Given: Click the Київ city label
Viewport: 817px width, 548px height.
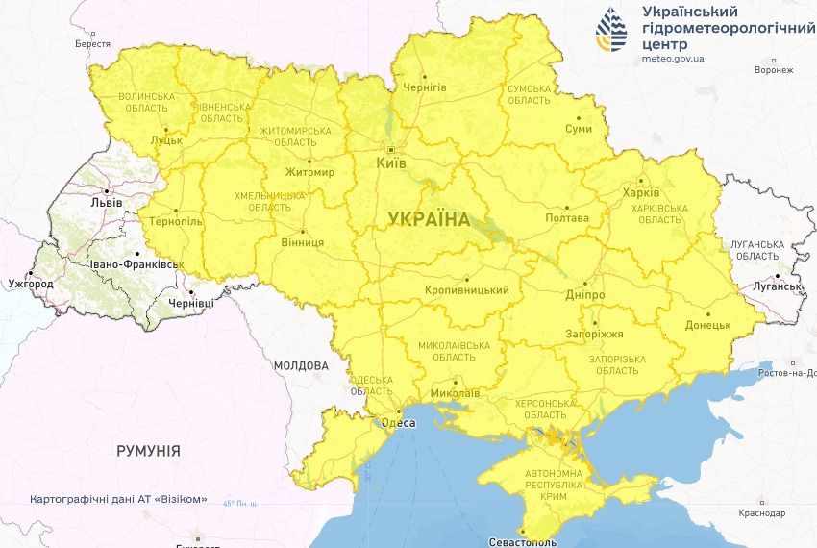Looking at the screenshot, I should tap(390, 164).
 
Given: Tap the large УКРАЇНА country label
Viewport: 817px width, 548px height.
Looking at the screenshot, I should tap(430, 219).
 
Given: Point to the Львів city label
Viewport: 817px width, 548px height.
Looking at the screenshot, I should tap(106, 203).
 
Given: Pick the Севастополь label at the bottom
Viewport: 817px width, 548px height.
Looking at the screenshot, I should tap(521, 542).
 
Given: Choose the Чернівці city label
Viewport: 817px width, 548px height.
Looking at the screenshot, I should tap(191, 303).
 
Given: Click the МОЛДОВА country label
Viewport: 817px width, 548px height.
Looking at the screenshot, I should tap(301, 366).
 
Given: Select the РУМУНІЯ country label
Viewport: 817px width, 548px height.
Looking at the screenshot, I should tap(148, 450).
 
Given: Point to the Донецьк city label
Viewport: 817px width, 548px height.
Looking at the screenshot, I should tap(708, 325).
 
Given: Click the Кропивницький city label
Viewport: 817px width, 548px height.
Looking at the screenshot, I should tap(466, 290).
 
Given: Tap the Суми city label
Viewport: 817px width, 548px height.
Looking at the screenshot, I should tap(579, 128).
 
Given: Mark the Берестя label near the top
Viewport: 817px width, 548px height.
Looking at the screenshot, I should tap(92, 44).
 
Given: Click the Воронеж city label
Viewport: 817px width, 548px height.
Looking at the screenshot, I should tap(774, 70).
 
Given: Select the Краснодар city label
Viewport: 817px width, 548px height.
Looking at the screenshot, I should tap(762, 513).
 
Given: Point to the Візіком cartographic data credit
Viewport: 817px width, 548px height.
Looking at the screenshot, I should tap(119, 500).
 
